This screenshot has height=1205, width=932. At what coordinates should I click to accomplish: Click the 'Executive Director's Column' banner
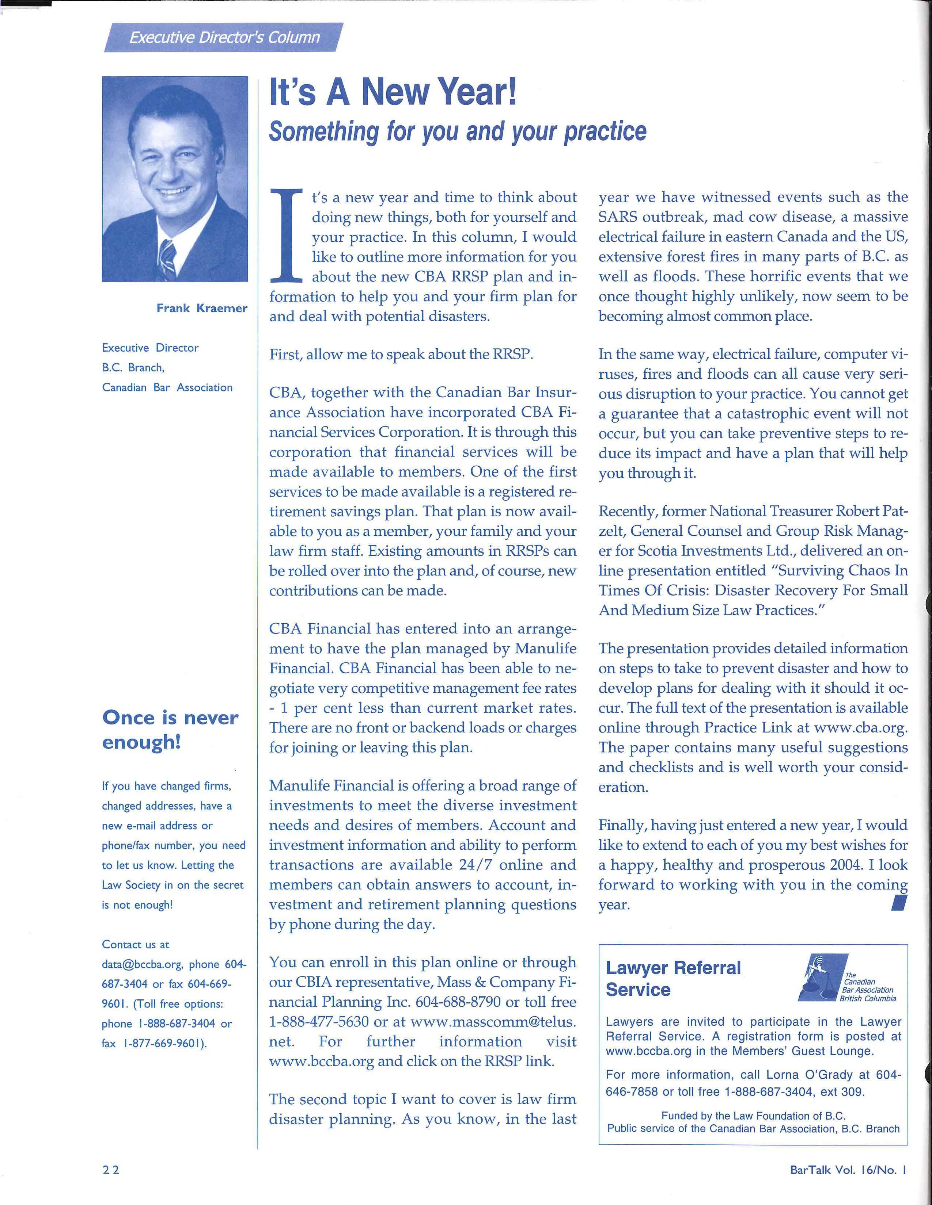[x=224, y=38]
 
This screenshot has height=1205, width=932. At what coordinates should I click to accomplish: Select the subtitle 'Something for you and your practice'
[x=457, y=131]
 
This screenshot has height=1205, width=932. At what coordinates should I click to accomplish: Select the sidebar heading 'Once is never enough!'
[x=170, y=730]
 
